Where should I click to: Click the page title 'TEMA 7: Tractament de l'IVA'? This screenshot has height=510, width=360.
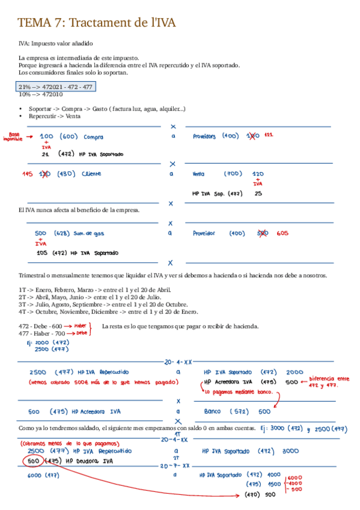click(x=97, y=23)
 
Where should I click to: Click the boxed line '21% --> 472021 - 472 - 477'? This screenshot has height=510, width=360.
click(x=55, y=87)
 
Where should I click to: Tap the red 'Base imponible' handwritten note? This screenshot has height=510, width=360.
click(x=13, y=137)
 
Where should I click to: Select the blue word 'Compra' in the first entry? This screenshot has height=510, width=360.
click(x=93, y=137)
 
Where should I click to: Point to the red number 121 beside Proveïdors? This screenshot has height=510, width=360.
click(x=269, y=135)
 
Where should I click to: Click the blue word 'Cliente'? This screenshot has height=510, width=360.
click(x=91, y=174)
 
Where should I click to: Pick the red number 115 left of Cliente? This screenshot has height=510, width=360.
click(x=27, y=174)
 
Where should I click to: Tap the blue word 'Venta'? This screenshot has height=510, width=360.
click(x=198, y=174)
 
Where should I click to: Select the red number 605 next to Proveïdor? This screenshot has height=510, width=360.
click(x=283, y=233)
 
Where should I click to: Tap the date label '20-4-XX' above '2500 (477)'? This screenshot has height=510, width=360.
click(x=177, y=362)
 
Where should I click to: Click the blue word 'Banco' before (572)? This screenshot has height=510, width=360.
click(x=212, y=412)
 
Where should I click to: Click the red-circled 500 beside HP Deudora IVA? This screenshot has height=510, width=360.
click(x=34, y=461)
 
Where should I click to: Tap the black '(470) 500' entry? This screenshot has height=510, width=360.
click(x=260, y=494)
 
